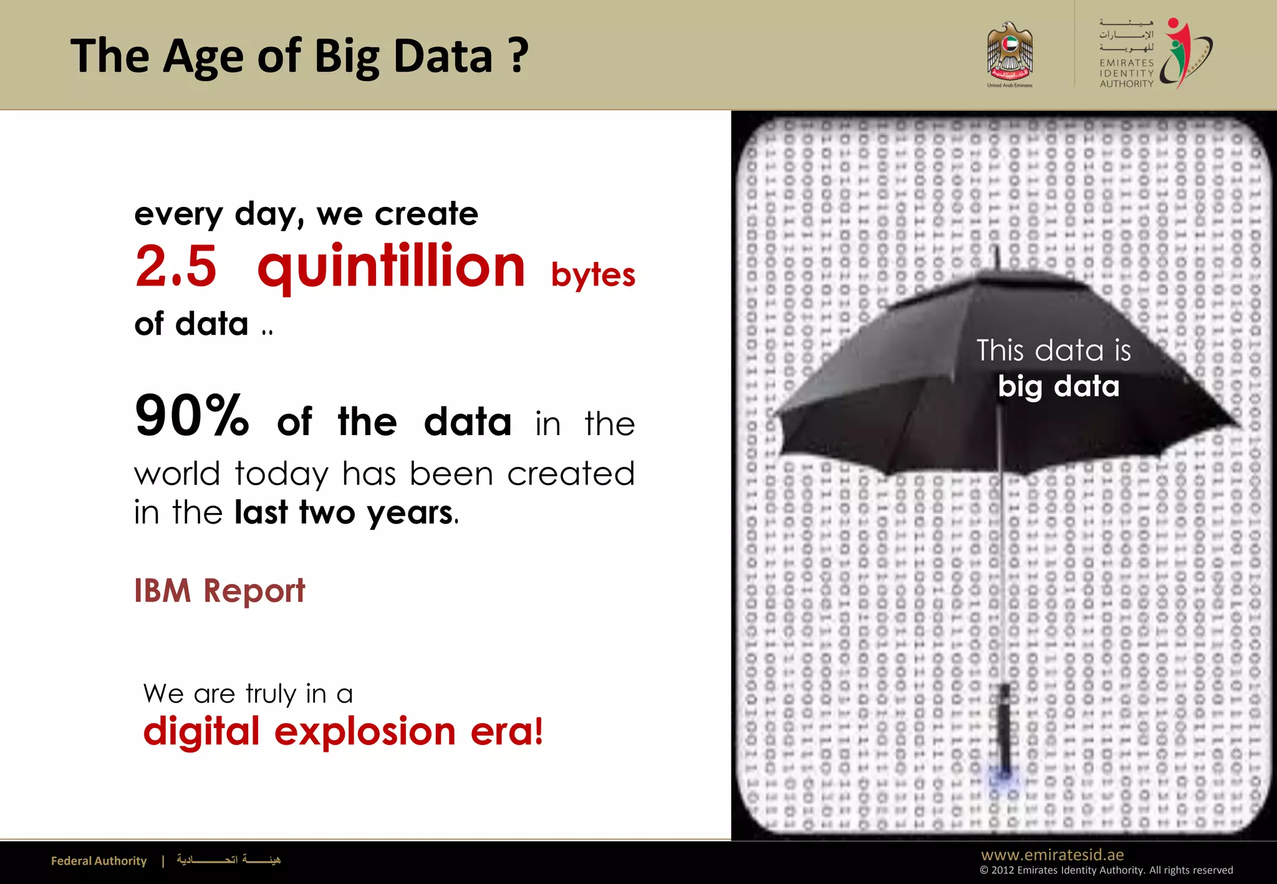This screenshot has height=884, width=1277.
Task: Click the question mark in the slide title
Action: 518,55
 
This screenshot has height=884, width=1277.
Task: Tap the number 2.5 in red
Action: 176,266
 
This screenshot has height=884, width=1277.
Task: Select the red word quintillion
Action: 391,266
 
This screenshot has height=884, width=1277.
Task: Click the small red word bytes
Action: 592,275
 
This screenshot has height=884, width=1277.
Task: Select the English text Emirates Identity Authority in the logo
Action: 1126,73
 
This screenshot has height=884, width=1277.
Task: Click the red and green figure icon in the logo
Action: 1182,53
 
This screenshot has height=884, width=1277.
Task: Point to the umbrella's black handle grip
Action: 1005,726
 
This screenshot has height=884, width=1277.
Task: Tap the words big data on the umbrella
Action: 1058,387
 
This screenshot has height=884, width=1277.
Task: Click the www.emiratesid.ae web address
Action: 1052,854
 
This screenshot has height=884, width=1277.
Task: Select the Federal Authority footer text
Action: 99,861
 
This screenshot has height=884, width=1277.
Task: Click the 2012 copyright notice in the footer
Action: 1106,870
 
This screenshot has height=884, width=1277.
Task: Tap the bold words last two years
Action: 344,512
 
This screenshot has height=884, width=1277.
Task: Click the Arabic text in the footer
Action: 228,860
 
